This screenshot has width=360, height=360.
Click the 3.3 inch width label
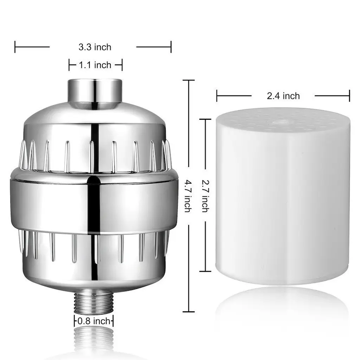coord(94,47)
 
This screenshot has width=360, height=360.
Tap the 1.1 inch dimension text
coord(95,65)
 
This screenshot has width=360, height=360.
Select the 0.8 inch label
coord(94,321)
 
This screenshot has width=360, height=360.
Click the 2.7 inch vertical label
coord(205,196)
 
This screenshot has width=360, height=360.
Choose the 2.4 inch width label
coord(283,95)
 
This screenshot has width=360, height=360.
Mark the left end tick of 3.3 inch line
coord(15,46)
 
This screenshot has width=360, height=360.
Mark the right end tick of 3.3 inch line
coord(171,46)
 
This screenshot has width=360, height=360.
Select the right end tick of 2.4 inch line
coord(350,95)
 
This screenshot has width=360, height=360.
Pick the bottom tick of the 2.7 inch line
coord(205,272)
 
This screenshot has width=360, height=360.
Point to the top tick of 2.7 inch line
coord(205,119)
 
